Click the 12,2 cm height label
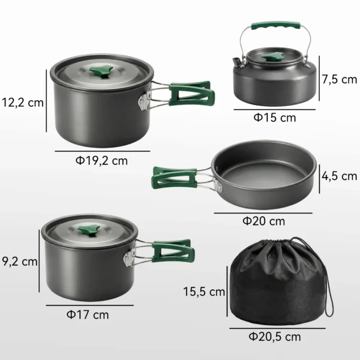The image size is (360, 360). click(22, 101)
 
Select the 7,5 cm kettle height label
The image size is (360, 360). click(339, 79)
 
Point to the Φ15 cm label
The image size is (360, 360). click(275, 118)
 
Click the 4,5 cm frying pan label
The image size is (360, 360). click(339, 176)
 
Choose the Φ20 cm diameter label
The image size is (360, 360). click(263, 221)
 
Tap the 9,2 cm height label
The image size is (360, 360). click(20, 261)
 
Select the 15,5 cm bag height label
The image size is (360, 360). click(204, 292)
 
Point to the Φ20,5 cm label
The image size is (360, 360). click(274, 337)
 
